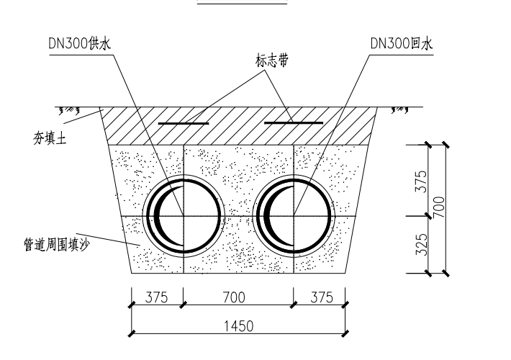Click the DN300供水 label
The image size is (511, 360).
(80, 43)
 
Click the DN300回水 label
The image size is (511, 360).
(402, 43)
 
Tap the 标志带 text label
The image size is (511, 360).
(272, 60)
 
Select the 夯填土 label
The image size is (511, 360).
(50, 138)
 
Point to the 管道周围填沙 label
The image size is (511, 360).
(57, 244)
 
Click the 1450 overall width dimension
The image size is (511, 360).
(238, 326)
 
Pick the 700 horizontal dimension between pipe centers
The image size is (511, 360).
(234, 297)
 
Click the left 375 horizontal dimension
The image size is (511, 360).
(156, 297)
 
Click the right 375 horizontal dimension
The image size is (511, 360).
(322, 297)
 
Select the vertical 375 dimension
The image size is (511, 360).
(420, 181)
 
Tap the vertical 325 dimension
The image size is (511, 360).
(420, 245)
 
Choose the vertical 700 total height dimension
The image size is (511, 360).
(438, 207)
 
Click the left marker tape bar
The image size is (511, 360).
(184, 124)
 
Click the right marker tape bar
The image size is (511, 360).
(294, 123)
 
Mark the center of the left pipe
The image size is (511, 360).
(184, 216)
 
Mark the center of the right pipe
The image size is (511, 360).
(294, 216)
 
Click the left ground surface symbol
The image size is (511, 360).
(69, 111)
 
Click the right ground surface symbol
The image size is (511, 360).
(400, 111)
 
